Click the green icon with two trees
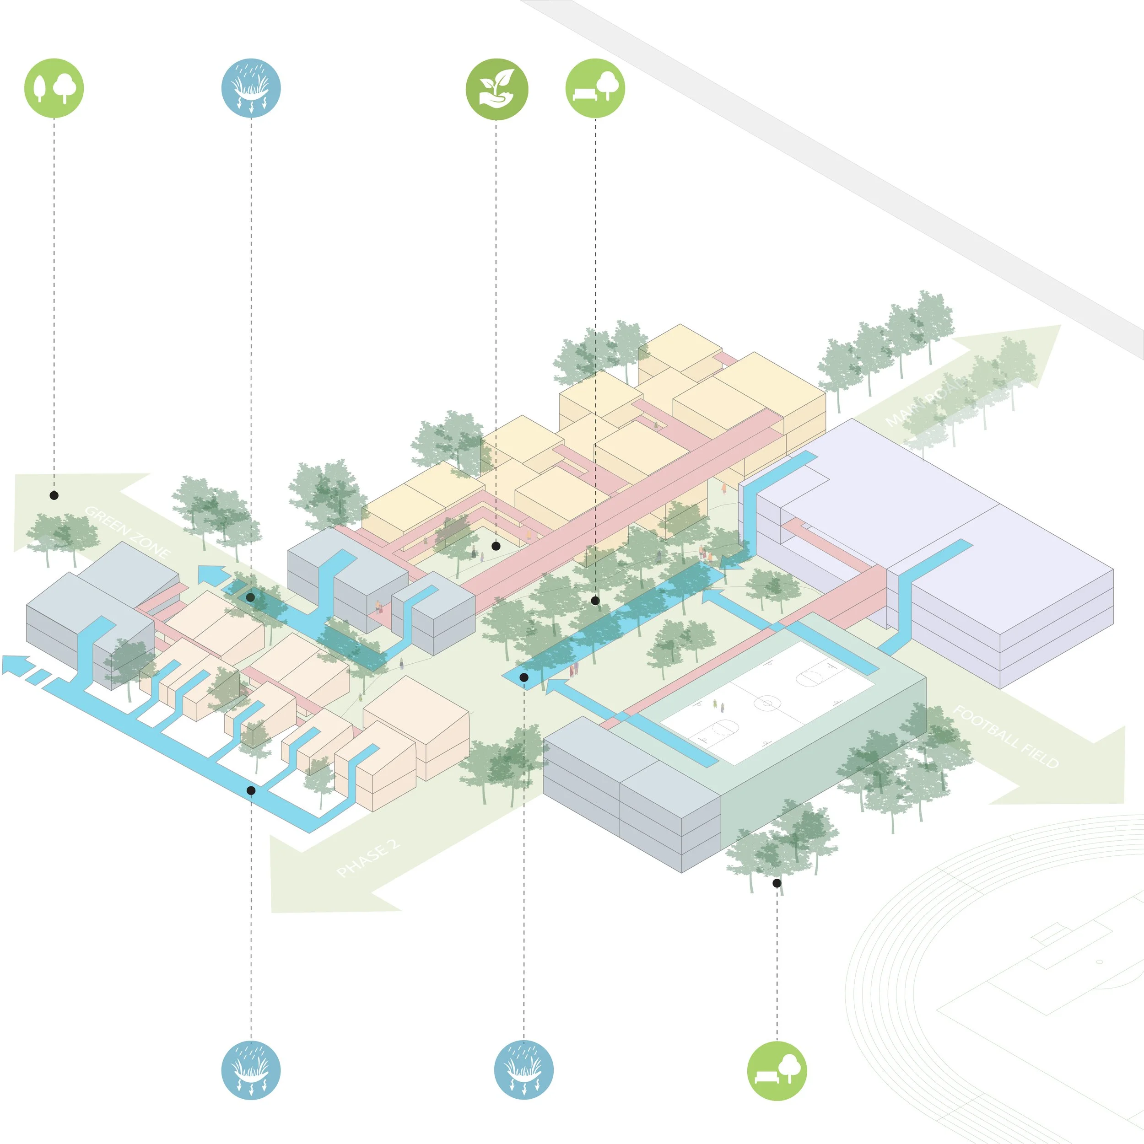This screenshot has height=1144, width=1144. (54, 88)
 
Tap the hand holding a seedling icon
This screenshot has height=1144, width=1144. (496, 89)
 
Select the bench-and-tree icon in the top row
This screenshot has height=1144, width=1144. (595, 88)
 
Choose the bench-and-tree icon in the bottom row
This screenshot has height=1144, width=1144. (777, 1070)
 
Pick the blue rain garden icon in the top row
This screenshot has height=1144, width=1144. (251, 88)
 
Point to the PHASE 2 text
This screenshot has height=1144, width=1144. (368, 858)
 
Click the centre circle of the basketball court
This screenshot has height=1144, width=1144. (766, 704)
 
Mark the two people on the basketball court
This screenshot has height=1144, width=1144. (718, 705)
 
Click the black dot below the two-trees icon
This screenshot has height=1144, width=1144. (54, 495)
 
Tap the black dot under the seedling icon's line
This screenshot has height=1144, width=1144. (496, 546)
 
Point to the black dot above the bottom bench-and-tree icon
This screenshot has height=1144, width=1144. (777, 883)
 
